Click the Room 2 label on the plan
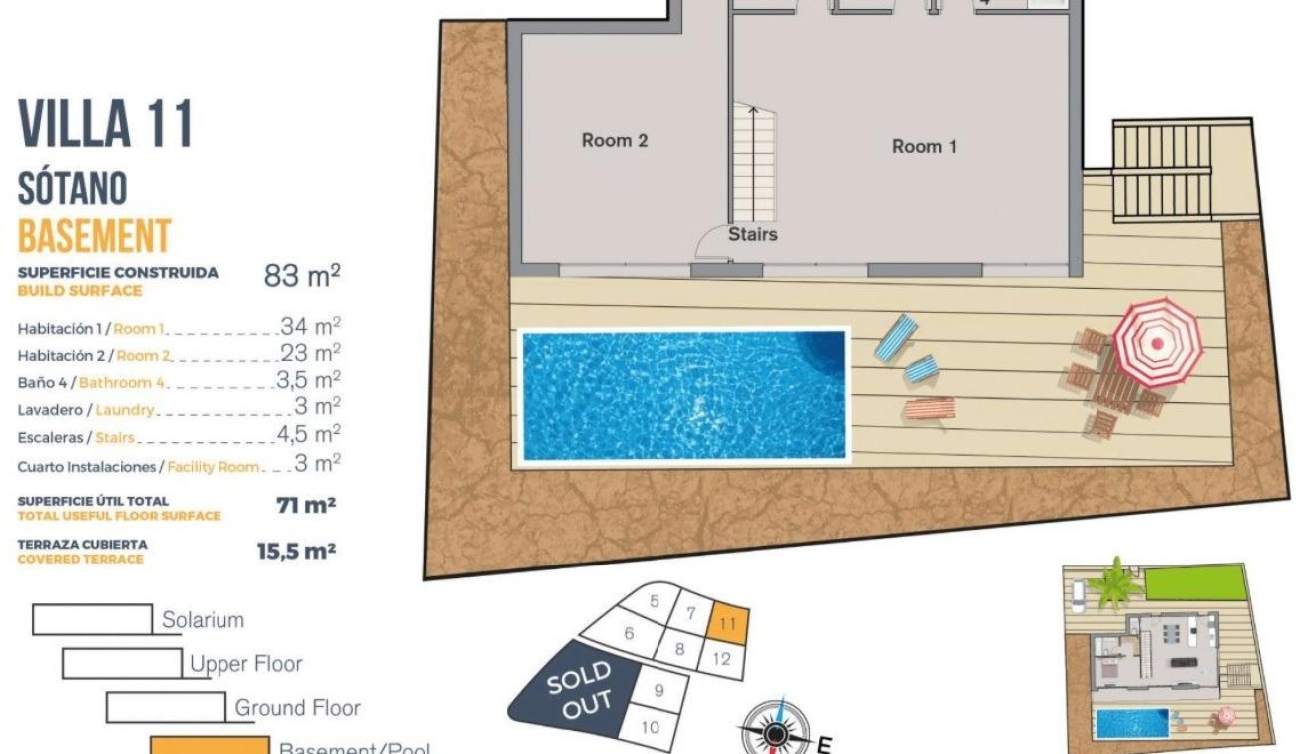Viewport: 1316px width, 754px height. (615, 141)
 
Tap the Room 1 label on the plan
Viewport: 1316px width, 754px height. (924, 147)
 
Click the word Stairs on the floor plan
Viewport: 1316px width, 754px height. (752, 235)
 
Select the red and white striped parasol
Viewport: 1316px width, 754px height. (1157, 342)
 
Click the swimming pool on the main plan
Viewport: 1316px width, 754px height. (683, 395)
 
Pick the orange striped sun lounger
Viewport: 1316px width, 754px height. (929, 408)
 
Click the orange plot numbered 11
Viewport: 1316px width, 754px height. (727, 623)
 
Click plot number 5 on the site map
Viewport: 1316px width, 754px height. (655, 601)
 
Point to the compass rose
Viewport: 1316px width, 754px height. (775, 730)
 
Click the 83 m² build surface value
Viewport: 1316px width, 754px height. (302, 275)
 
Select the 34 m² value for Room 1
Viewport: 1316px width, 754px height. (310, 326)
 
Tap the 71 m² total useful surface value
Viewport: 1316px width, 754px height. (305, 505)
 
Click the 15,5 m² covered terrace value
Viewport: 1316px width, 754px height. (296, 550)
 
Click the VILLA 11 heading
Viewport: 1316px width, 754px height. (106, 124)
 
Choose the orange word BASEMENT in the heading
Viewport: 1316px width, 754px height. (95, 237)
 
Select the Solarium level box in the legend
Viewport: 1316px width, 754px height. (92, 619)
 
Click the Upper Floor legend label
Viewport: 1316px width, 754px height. (245, 664)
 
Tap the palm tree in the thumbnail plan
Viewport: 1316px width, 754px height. (1114, 584)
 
